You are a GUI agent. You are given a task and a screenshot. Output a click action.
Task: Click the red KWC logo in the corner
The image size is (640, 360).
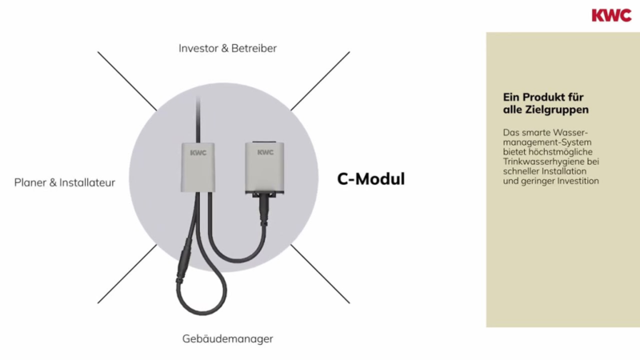(611, 15)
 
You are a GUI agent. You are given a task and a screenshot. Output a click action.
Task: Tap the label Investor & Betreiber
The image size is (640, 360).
(228, 48)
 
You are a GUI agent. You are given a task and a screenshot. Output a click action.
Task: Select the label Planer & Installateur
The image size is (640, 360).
(65, 182)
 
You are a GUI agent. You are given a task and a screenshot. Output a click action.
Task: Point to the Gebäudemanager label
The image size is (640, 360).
(228, 338)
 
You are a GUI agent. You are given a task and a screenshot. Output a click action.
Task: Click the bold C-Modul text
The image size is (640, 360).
(371, 178)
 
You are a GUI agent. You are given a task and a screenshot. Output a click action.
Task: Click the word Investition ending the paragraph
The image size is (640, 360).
(578, 181)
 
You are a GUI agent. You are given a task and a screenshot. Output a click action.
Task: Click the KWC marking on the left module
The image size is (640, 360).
(198, 153)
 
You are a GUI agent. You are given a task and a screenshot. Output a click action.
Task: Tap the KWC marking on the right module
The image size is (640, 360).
(266, 152)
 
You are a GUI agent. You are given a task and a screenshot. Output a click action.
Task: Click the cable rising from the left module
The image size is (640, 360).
(198, 119)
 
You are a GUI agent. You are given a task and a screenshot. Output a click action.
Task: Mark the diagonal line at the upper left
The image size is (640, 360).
(127, 82)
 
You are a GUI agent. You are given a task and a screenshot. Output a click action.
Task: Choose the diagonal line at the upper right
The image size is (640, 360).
(320, 82)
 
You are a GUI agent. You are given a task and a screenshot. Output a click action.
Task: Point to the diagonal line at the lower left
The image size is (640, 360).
(127, 274)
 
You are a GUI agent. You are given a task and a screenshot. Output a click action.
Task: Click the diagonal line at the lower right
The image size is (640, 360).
(320, 274)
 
